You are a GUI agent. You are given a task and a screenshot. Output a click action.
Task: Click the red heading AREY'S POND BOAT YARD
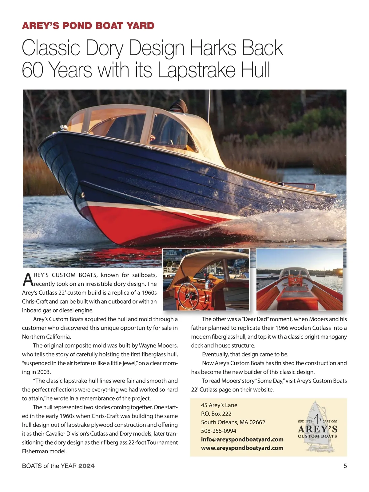coord(88,26)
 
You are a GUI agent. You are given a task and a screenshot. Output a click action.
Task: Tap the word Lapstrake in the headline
coord(196,70)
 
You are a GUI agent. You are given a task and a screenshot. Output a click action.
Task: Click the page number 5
coord(345,466)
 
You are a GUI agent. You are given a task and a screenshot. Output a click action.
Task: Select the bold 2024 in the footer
coord(86,466)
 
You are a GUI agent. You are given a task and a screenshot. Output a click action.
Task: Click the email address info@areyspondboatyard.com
coord(242,439)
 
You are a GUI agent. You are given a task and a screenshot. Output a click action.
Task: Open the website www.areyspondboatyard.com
coord(242,448)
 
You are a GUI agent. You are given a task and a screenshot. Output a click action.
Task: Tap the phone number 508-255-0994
coord(219,431)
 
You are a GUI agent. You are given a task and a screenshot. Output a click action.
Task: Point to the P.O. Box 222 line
coord(216,414)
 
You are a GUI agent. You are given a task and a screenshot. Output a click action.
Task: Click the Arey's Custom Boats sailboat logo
coord(317,426)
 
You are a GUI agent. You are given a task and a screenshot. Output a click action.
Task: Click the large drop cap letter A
coord(28,279)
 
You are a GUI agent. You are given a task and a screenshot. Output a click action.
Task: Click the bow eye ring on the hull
coord(83,195)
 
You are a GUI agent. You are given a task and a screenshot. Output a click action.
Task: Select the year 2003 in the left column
coord(44,372)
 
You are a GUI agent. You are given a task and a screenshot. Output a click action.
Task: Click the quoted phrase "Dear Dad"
coord(255,319)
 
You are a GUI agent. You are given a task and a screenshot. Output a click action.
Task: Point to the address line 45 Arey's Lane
coord(219,405)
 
